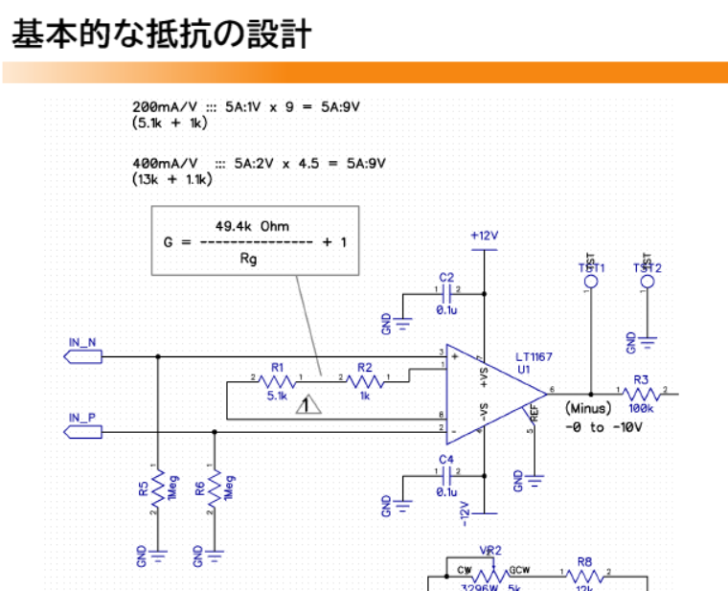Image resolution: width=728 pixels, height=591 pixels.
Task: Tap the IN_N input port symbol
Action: pos(82,356)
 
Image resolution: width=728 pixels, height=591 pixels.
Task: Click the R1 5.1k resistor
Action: pos(278,382)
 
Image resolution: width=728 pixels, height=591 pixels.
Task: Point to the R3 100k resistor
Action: pos(641,393)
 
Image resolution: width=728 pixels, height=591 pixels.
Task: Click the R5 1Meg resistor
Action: pos(158,487)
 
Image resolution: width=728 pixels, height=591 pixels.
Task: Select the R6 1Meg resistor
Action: pos(214,487)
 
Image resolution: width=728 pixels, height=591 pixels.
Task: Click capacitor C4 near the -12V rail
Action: pos(446,476)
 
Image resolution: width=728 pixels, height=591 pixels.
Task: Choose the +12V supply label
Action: pos(486,235)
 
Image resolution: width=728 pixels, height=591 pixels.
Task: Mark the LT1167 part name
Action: pos(533,356)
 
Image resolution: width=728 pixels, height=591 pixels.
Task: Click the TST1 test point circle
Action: pos(591,284)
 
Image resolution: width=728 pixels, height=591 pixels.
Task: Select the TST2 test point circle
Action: pos(648,284)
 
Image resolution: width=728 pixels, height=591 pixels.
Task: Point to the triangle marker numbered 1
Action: pos(307,405)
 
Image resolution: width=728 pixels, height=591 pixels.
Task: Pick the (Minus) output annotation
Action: pos(588,409)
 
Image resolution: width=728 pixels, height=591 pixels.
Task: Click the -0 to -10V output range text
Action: pos(603,426)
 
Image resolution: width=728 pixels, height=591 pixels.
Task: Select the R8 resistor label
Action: pos(585,562)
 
